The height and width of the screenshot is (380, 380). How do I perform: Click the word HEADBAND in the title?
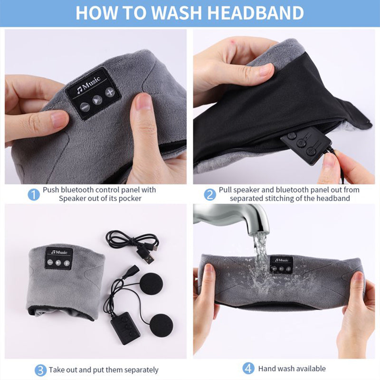[x=256, y=13]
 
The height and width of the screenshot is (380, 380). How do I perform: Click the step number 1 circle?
[x=34, y=194]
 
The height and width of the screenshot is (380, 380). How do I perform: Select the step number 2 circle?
[x=210, y=194]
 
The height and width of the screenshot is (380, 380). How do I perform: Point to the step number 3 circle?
[x=40, y=370]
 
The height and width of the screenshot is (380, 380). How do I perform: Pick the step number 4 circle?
[x=248, y=369]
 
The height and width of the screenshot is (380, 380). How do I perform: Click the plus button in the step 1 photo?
[x=110, y=92]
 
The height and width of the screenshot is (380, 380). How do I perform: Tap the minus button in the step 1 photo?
[x=85, y=107]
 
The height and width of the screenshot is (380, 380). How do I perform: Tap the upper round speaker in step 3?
[x=152, y=284]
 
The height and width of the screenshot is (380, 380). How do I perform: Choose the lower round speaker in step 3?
[x=161, y=325]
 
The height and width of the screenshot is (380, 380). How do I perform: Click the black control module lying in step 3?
[x=125, y=328]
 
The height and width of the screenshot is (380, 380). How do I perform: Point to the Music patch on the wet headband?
[x=281, y=265]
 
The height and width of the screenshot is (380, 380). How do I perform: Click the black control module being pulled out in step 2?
[x=306, y=145]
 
